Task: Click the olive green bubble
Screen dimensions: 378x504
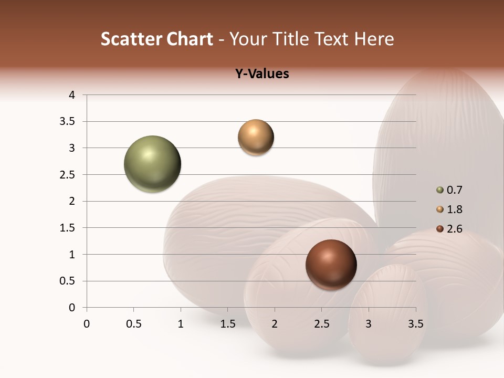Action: (x=152, y=164)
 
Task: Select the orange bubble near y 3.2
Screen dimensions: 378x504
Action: (x=256, y=138)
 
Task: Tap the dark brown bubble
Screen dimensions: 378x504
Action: (x=331, y=265)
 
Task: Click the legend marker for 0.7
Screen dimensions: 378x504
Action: (x=439, y=190)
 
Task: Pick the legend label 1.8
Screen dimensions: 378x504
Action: (x=454, y=209)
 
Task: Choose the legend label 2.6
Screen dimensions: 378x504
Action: (x=454, y=229)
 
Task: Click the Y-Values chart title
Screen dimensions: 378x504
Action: (x=261, y=74)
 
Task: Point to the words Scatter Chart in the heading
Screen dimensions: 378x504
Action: (x=156, y=39)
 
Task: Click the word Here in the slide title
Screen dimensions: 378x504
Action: (x=373, y=39)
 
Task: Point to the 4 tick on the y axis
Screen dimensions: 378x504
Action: (x=72, y=95)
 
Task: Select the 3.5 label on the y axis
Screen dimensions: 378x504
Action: (x=68, y=122)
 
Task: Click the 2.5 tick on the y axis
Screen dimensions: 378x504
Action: (x=68, y=175)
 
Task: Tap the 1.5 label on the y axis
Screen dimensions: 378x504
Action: (x=68, y=228)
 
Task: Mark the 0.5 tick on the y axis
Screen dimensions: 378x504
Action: (x=68, y=281)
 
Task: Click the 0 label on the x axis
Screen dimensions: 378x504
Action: (x=87, y=324)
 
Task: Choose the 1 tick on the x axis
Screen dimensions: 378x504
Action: (x=181, y=324)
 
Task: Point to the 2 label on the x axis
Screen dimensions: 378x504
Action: (x=275, y=324)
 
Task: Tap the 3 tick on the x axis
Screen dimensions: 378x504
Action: (x=369, y=324)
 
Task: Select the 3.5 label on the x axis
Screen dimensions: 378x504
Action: (x=415, y=324)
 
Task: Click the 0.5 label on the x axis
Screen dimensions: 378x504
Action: (x=133, y=324)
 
